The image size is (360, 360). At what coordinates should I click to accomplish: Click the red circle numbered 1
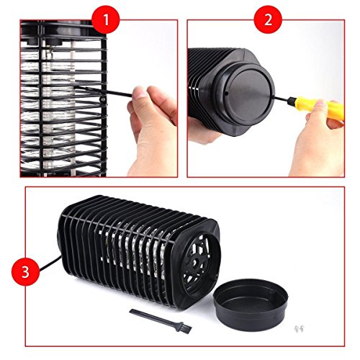coord(106,19)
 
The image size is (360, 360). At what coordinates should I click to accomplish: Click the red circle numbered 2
coord(268,19)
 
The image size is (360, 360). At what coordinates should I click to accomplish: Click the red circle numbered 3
coord(25,271)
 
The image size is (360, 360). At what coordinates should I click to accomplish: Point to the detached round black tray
coord(251,305)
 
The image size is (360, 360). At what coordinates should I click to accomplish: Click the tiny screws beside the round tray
coord(300,328)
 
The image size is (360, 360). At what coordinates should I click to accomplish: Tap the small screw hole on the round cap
coord(227,94)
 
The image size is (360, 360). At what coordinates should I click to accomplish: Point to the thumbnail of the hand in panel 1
coord(139,92)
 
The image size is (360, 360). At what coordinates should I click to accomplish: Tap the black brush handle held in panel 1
coord(104,91)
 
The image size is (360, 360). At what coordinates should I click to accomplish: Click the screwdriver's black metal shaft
coord(282,98)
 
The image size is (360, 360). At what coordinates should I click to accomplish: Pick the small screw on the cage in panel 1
coord(102,99)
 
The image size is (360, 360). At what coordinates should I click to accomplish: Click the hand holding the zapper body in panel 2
coord(203,131)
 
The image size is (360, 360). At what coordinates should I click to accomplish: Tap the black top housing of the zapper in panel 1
coord(63,31)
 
